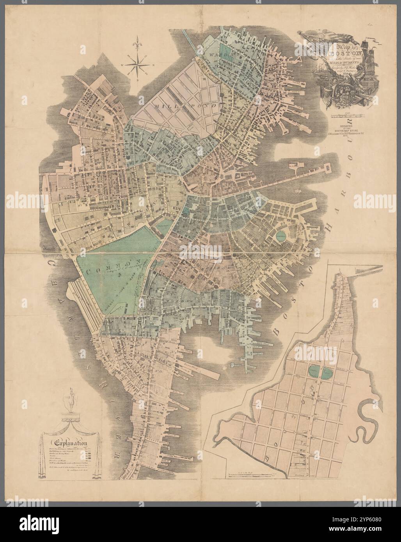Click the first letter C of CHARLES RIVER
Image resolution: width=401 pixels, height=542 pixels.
pos(52,266)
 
